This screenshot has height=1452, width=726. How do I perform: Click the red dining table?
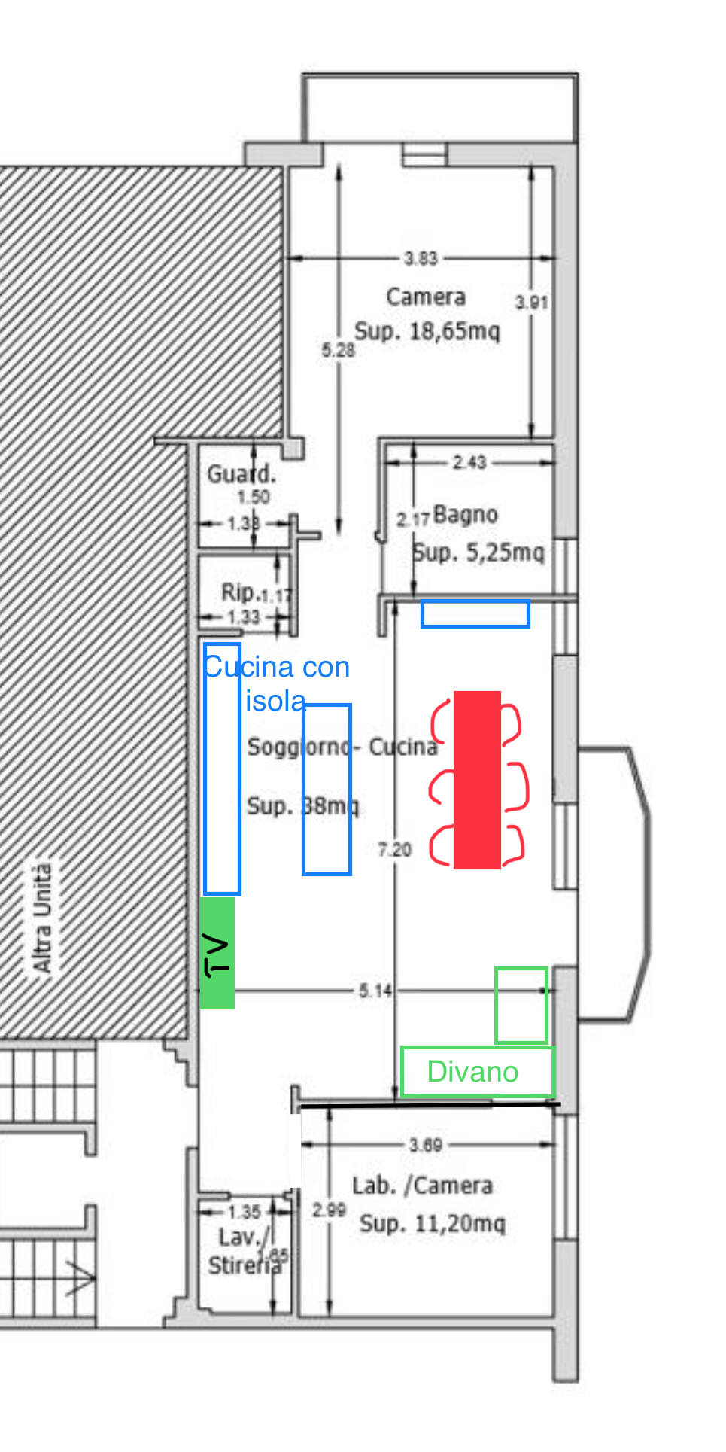point(477,780)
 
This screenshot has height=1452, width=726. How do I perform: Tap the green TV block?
point(217,952)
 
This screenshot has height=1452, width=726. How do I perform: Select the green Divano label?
point(472,1072)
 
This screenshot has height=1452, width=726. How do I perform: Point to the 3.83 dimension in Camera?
point(421,258)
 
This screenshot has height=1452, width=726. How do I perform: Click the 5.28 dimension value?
point(338,350)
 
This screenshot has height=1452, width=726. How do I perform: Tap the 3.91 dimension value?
point(531,303)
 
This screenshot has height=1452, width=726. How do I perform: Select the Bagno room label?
point(465,515)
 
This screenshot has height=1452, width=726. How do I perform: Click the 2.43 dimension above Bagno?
point(469,462)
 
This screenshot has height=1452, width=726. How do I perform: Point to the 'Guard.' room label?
point(241,474)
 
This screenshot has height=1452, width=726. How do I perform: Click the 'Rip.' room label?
point(240,592)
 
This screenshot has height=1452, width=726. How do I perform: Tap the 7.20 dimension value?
point(395,850)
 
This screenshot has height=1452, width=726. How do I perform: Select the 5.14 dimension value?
point(375,991)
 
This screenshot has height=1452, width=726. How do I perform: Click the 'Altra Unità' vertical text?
point(42,918)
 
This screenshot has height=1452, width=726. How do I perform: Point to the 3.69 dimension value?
point(425,1145)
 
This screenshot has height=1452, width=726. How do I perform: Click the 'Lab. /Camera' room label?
point(423,1186)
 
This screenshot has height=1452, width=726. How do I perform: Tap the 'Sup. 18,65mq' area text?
point(427,331)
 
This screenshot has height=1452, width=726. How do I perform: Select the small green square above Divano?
point(521,1006)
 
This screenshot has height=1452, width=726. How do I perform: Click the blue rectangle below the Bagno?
point(475,614)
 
